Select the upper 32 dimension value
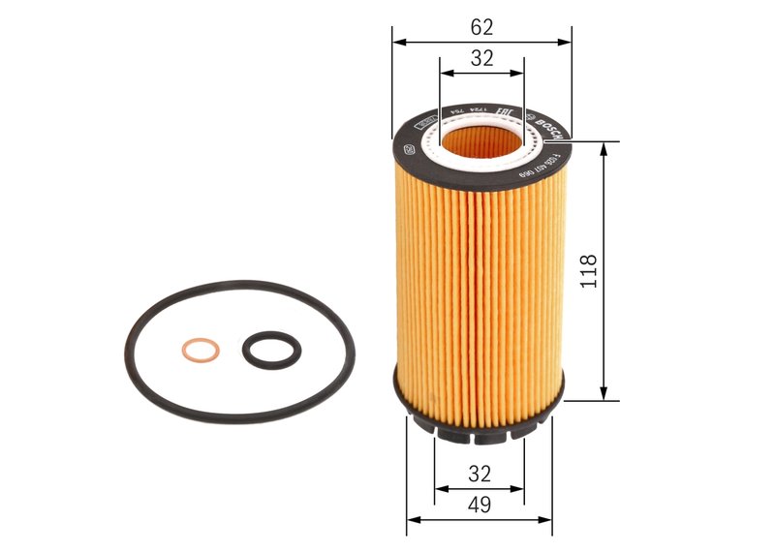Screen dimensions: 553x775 pyautogui.click(x=481, y=58)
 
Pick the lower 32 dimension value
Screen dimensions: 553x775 pyautogui.click(x=480, y=474)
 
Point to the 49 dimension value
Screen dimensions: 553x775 pyautogui.click(x=480, y=505)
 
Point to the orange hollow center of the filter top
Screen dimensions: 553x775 pyautogui.click(x=481, y=146)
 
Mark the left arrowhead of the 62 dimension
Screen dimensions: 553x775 pyautogui.click(x=398, y=43)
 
